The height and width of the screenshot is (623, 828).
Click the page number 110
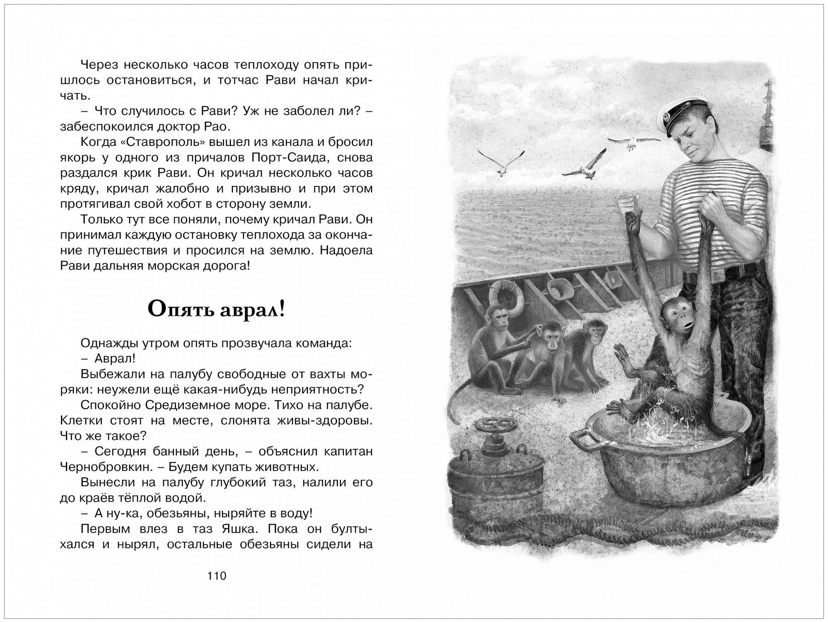click(217, 575)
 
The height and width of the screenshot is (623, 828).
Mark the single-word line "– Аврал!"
click(115, 358)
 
